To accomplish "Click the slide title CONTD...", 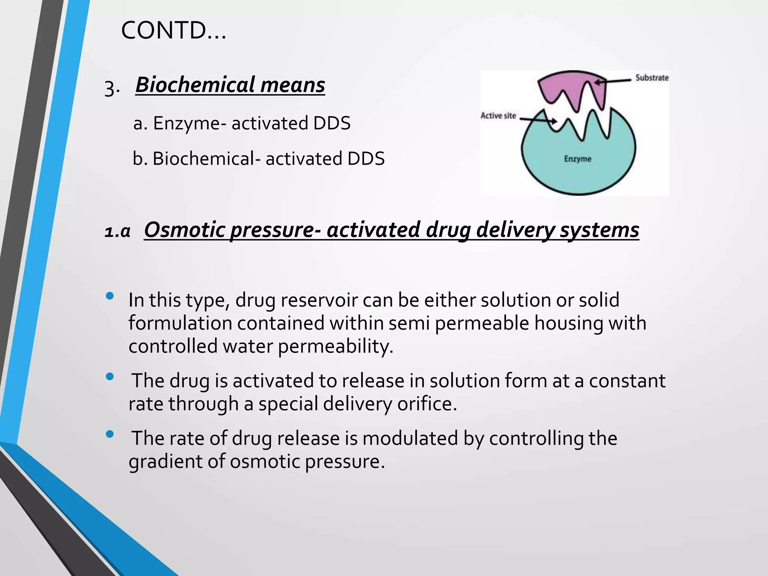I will [x=173, y=31].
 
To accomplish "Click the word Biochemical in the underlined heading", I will [x=195, y=85].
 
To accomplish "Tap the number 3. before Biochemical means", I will [x=112, y=88].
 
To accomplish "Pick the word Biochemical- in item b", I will [x=207, y=159].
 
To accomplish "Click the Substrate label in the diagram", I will [x=652, y=78].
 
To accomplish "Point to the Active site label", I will [x=498, y=116].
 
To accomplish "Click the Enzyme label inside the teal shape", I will [x=577, y=159].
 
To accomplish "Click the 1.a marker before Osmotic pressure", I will [x=117, y=232].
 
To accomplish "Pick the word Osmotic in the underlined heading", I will [x=184, y=229].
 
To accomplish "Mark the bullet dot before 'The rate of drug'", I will [x=110, y=434].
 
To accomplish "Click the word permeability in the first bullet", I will [x=335, y=346].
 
